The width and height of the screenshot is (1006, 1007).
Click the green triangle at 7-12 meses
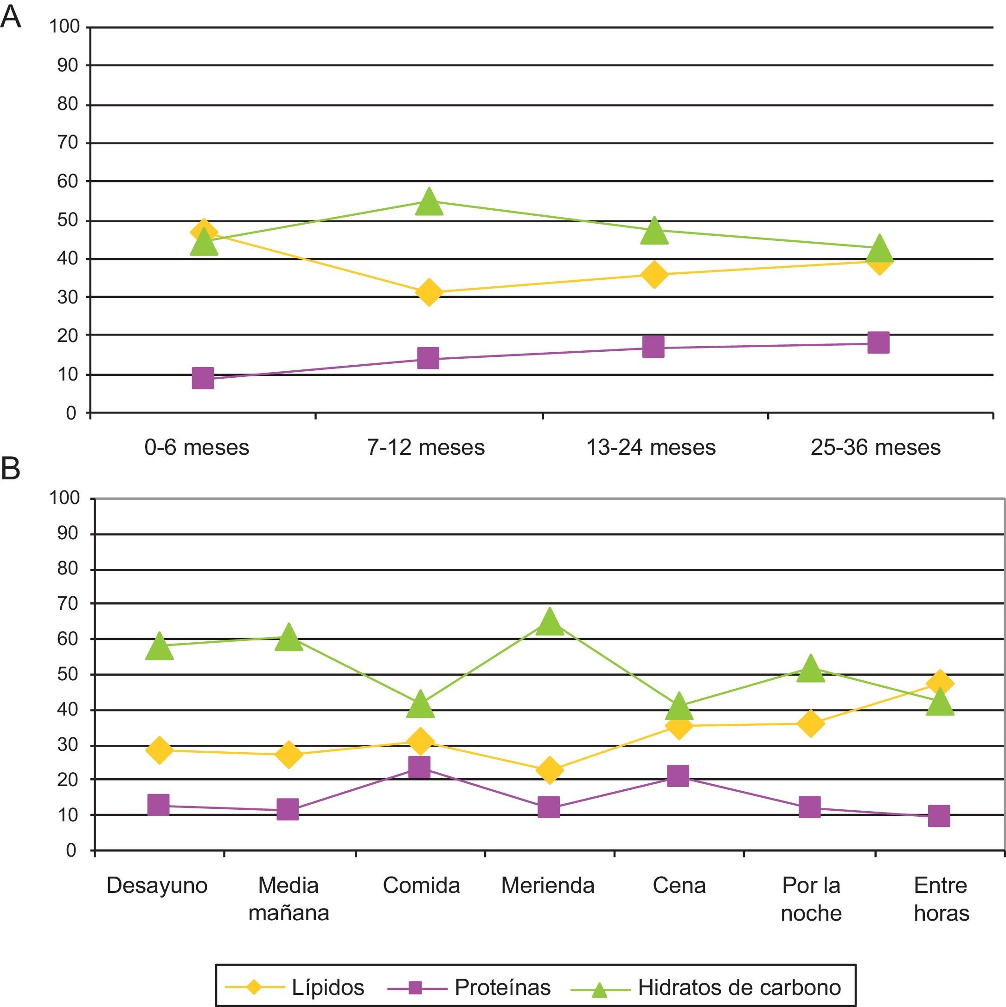[429, 202]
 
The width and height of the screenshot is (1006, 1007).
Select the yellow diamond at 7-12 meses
[429, 292]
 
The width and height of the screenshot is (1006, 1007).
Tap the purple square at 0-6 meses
[203, 378]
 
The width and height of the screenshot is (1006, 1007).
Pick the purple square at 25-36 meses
[878, 342]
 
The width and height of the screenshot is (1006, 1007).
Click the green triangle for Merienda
[549, 622]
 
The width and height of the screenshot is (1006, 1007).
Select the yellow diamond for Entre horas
[940, 683]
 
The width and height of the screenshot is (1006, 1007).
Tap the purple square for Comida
[419, 767]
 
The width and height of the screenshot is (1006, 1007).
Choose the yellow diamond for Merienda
[549, 770]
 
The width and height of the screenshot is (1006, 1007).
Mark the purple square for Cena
[678, 775]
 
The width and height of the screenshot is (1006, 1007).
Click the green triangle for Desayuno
[160, 647]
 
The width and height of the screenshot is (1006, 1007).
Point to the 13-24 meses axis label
[651, 447]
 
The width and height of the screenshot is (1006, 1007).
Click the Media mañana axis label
[288, 898]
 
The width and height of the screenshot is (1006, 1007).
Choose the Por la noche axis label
[811, 898]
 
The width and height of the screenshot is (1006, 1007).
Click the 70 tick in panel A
[68, 142]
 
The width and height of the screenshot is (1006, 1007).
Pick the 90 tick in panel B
[68, 533]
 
